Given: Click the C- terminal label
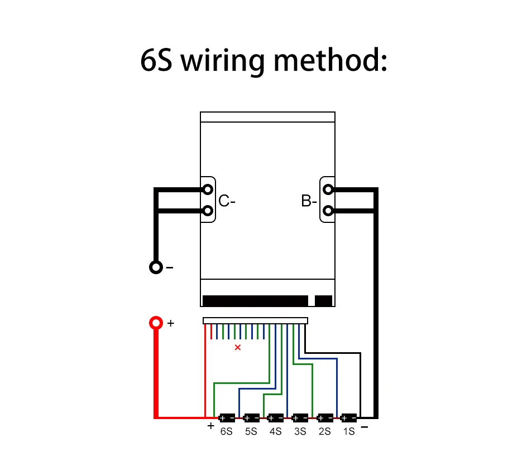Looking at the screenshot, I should click(x=227, y=201).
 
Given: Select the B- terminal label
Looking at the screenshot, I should click(x=309, y=201).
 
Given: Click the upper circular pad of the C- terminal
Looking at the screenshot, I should click(x=208, y=189).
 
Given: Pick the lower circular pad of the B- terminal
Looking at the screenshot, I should click(x=328, y=211).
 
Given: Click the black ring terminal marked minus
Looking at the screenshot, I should click(x=156, y=267).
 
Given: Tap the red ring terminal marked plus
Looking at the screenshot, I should click(x=156, y=323).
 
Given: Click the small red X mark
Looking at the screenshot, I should click(x=238, y=348).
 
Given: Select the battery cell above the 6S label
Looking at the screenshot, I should click(x=227, y=417).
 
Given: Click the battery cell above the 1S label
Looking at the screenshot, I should click(x=349, y=417).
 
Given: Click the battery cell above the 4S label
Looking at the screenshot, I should click(x=275, y=417).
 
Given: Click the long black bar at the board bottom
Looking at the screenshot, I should click(x=255, y=301).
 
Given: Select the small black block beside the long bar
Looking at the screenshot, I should click(x=323, y=301).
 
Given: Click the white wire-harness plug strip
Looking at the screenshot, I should click(x=255, y=320).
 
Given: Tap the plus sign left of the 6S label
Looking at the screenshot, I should click(x=210, y=426).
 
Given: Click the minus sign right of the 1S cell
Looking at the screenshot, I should click(x=365, y=427).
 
